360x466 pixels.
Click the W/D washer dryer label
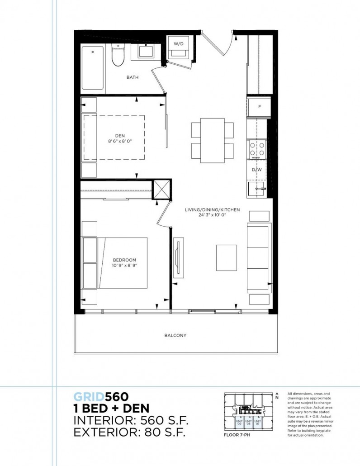coord(179,43)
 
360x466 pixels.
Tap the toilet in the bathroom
coord(118,56)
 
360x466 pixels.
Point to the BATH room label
coord(133,77)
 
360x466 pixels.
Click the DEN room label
coord(120,134)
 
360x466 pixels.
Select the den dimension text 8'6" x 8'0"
coord(120,141)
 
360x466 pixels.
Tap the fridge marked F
coord(259,107)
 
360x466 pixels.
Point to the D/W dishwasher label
coord(256,170)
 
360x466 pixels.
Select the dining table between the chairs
coord(213,140)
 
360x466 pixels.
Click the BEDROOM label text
coord(124,260)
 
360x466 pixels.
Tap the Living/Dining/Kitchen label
coord(212,210)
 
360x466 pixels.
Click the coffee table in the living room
coord(226,257)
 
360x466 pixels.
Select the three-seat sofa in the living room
coord(259,258)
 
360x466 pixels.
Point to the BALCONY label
coord(176,336)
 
